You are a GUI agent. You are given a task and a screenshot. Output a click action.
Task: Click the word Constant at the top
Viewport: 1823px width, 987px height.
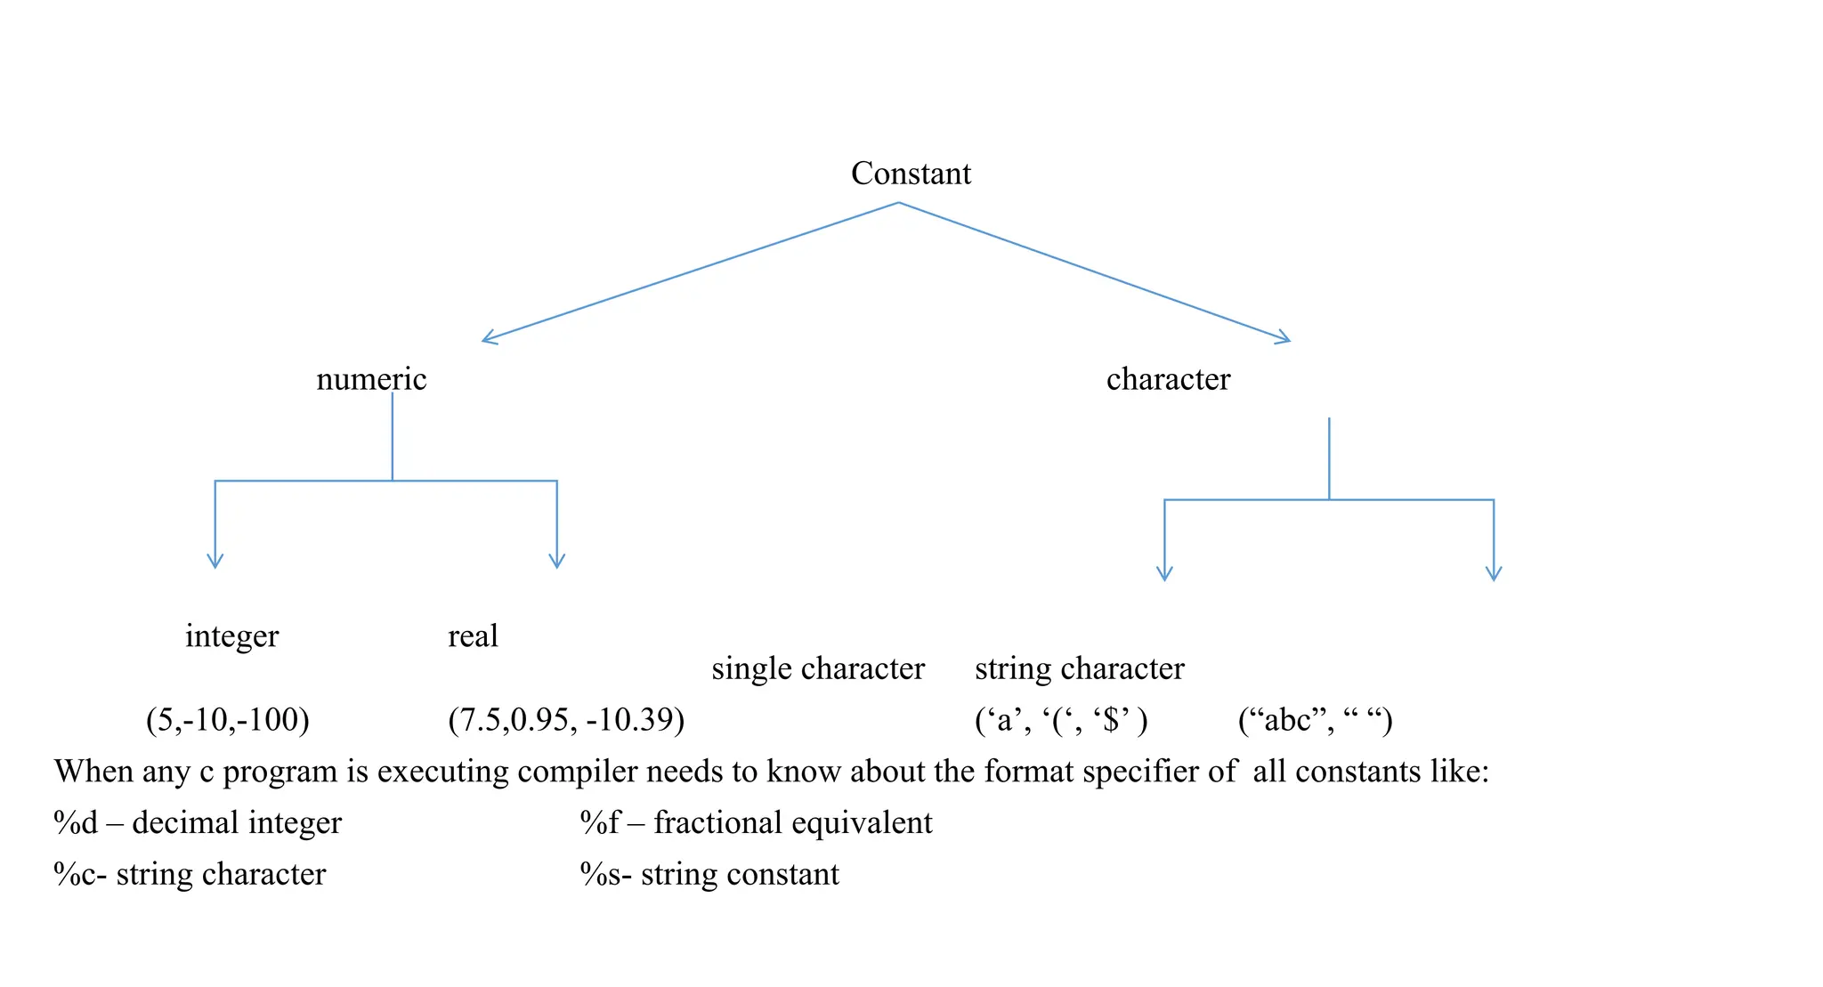(910, 174)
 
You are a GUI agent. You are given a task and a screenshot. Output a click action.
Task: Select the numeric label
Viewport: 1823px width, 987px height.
(371, 379)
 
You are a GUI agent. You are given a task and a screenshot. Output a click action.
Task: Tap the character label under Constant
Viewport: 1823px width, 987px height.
(1168, 379)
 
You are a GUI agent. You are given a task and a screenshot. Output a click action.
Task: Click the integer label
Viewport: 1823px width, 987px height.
(231, 636)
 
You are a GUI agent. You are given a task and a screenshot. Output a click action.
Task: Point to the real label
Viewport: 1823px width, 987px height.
(473, 636)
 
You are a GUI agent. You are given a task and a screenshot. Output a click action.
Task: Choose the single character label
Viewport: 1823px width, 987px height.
(818, 668)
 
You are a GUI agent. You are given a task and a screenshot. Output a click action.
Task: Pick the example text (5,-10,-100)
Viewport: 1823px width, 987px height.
(228, 719)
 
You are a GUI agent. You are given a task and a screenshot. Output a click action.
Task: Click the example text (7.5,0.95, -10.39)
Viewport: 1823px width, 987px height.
(566, 719)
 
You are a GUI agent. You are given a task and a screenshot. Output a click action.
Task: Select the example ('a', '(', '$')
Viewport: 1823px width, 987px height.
(1061, 719)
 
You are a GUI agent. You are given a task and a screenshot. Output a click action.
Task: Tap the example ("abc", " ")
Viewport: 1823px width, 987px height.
(1315, 719)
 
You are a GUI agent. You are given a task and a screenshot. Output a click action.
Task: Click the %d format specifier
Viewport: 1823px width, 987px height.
(76, 823)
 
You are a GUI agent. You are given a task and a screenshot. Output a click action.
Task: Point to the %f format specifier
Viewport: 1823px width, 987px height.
(600, 823)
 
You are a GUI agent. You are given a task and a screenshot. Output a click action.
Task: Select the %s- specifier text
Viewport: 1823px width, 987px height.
(605, 875)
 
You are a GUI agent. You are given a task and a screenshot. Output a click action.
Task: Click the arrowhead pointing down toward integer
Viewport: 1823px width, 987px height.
(215, 562)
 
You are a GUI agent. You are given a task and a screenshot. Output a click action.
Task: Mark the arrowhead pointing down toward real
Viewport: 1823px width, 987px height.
(557, 562)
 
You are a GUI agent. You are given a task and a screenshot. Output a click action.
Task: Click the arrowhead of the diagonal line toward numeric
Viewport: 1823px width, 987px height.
(489, 339)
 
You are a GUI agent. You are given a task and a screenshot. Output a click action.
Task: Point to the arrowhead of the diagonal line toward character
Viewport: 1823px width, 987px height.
(1284, 338)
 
